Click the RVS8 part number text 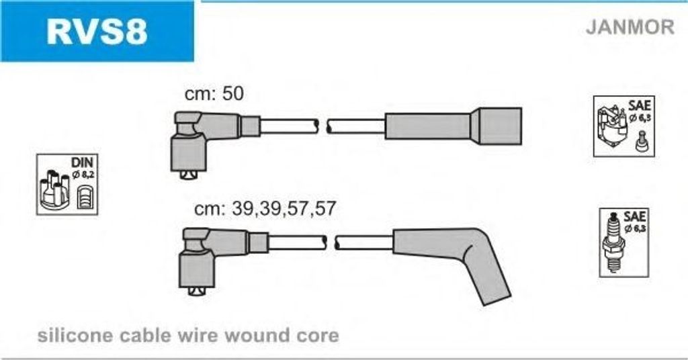click(x=97, y=31)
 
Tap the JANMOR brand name click(x=630, y=27)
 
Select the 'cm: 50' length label click(x=214, y=93)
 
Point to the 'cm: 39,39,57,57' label click(x=265, y=208)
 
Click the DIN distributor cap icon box click(x=67, y=184)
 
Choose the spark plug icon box click(x=624, y=242)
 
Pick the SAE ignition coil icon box click(x=624, y=126)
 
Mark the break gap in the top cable click(x=322, y=126)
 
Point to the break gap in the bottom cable click(x=331, y=242)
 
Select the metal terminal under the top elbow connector click(x=189, y=175)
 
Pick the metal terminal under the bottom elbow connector click(x=197, y=291)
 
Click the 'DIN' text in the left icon click(x=82, y=163)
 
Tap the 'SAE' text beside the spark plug click(x=634, y=217)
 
